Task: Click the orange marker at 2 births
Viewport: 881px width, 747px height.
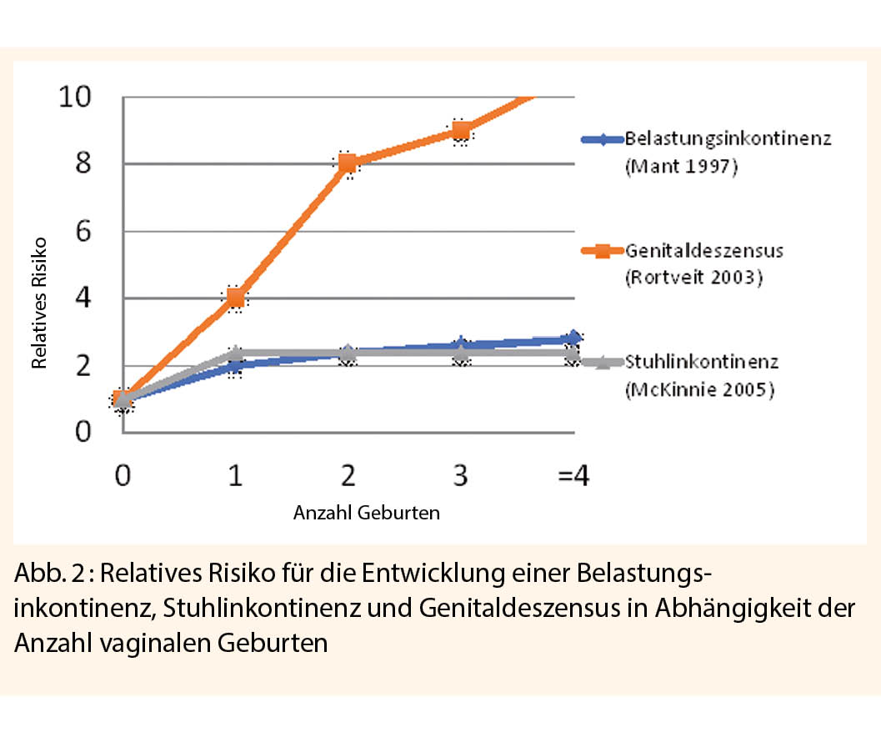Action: pyautogui.click(x=348, y=163)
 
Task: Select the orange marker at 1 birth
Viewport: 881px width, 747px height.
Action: pyautogui.click(x=236, y=298)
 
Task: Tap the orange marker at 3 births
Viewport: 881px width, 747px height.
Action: pyautogui.click(x=461, y=130)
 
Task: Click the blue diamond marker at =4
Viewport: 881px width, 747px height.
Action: pyautogui.click(x=573, y=338)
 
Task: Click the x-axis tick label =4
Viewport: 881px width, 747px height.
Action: pyautogui.click(x=573, y=477)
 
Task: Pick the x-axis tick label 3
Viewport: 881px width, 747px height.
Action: pyautogui.click(x=461, y=477)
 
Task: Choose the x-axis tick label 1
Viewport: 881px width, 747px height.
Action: pyautogui.click(x=236, y=477)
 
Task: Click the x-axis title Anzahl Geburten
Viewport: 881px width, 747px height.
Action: pyautogui.click(x=366, y=514)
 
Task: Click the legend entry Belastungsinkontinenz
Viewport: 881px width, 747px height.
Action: pyautogui.click(x=728, y=139)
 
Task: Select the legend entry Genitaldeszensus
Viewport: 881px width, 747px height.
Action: pyautogui.click(x=703, y=249)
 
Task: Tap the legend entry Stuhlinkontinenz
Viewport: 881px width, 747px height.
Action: pyautogui.click(x=702, y=362)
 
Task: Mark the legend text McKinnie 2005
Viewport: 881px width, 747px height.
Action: pyautogui.click(x=698, y=390)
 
